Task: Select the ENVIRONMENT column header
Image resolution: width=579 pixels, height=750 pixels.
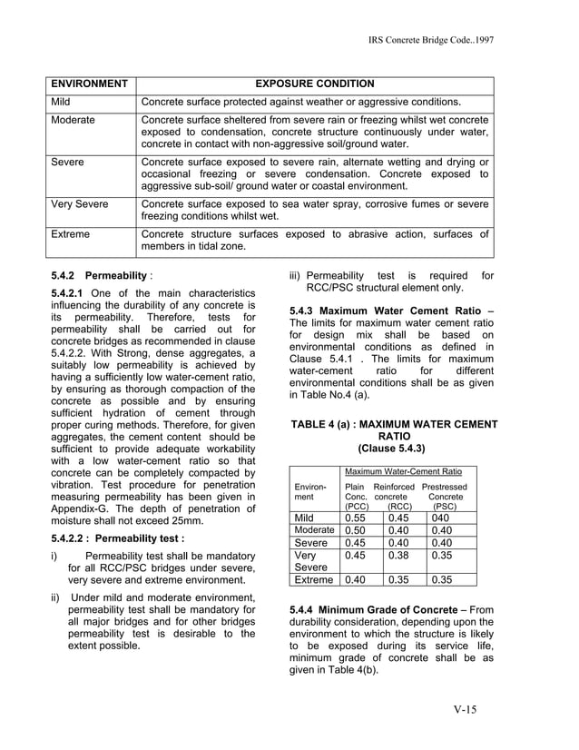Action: tap(88, 84)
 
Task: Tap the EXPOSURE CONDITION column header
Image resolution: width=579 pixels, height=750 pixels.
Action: tap(314, 84)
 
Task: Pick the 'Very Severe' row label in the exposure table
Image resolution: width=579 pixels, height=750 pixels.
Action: tap(79, 204)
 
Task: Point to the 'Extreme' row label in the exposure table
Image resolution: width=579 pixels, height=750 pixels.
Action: tap(70, 234)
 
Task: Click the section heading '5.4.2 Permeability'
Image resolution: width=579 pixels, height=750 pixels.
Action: tap(99, 275)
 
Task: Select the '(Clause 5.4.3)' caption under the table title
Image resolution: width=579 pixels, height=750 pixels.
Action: tap(392, 449)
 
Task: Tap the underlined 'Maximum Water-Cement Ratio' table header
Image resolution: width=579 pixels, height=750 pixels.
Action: tap(403, 472)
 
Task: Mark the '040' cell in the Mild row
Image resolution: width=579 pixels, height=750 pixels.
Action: tap(442, 518)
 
